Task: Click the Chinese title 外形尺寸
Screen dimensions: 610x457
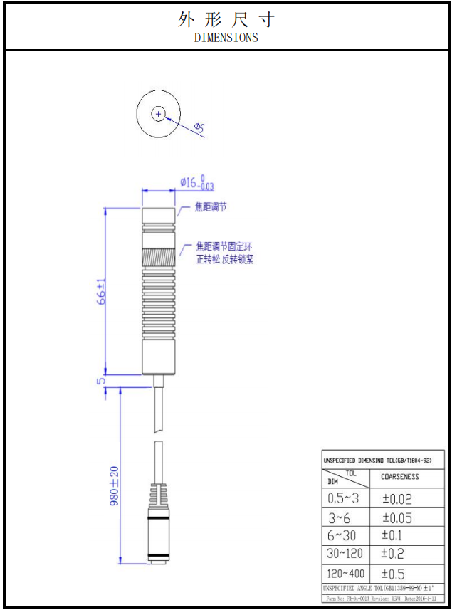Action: [x=226, y=20]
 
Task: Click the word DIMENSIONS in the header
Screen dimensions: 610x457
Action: [x=226, y=38]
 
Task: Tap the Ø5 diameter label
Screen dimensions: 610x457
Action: [x=199, y=128]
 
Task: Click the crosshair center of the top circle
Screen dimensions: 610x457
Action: [x=158, y=114]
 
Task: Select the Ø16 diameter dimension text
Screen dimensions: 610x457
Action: [x=197, y=183]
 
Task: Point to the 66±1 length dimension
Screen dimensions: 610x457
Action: [x=102, y=292]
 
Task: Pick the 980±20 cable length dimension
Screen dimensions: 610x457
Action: [x=114, y=486]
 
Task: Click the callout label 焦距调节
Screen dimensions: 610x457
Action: [x=211, y=207]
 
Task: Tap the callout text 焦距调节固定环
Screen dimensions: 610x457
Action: [x=224, y=247]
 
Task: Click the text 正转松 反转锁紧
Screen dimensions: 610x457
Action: [x=224, y=260]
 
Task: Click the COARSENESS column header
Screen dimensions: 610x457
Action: [x=401, y=477]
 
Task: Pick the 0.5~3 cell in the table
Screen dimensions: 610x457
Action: [x=344, y=499]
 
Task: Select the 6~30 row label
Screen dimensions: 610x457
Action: [x=342, y=535]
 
